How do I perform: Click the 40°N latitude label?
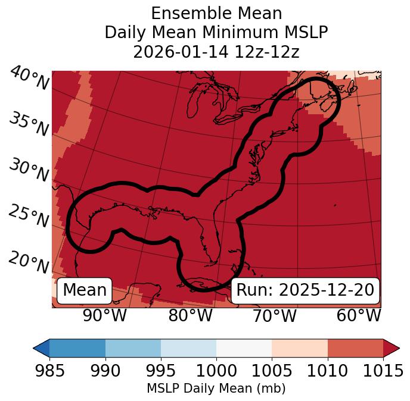[29, 79]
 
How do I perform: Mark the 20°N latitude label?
[29, 262]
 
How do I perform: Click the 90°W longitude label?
[105, 315]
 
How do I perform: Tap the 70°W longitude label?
[275, 315]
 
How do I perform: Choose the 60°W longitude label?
[359, 315]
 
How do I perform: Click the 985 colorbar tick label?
[49, 371]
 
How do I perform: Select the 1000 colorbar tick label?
[216, 371]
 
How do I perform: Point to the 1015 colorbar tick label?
[383, 371]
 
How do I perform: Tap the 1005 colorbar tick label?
[272, 371]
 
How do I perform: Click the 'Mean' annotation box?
[85, 290]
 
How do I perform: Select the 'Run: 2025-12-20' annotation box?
[305, 290]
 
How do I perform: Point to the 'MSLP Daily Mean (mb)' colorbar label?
[216, 389]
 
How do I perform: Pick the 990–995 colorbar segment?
[133, 348]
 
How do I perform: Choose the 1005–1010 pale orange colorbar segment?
[300, 348]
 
